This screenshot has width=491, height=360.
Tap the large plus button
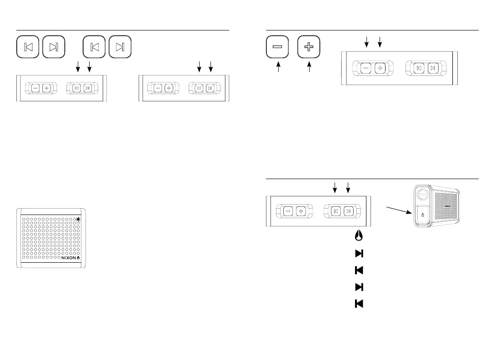click(309, 47)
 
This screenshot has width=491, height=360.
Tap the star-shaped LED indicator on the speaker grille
click(79, 220)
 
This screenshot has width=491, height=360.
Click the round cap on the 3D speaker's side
click(423, 195)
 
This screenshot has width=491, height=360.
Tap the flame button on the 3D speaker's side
click(423, 215)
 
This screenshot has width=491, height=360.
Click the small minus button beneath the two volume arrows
click(366, 68)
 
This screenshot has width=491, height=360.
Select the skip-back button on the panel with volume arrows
click(419, 68)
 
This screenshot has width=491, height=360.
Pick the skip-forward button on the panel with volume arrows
click(433, 68)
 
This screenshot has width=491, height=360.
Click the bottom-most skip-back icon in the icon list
click(359, 304)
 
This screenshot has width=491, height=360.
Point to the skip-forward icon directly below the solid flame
click(359, 253)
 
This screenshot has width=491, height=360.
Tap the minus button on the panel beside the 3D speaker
click(288, 211)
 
